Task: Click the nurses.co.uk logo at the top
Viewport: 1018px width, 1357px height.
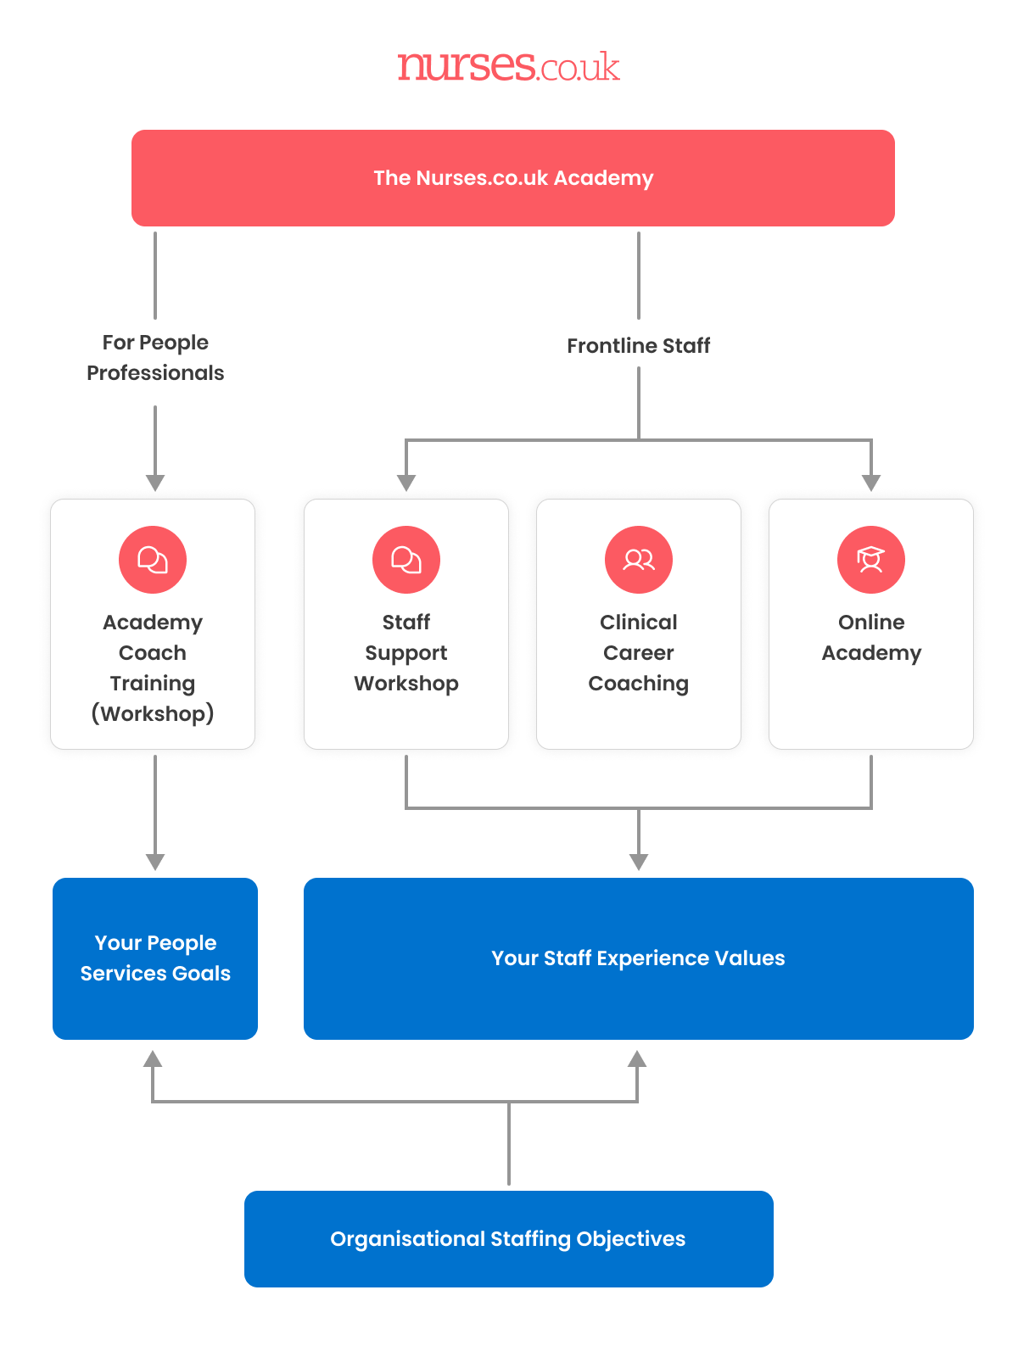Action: pos(508,66)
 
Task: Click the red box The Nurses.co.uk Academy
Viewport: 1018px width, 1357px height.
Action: pos(512,178)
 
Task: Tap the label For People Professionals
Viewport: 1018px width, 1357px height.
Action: pos(155,358)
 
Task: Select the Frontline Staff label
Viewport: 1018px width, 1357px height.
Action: pos(638,346)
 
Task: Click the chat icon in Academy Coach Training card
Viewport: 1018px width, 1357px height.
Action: pos(153,560)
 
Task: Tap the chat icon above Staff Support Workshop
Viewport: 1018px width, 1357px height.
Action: pos(406,560)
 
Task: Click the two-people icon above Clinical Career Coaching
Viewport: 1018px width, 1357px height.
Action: pos(639,560)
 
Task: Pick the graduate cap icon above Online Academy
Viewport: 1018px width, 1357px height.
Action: pos(871,560)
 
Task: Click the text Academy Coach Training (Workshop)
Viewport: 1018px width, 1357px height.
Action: pos(153,668)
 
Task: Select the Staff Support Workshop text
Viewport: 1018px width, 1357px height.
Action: pos(406,653)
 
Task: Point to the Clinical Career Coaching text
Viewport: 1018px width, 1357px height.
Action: pos(639,653)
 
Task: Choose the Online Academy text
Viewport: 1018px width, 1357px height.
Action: pos(871,638)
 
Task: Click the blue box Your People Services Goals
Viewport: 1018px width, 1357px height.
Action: pos(155,958)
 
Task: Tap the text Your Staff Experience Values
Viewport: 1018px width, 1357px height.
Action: pos(638,958)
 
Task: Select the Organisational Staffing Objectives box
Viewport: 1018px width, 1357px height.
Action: pos(508,1239)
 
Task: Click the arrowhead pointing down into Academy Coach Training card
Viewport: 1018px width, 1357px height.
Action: pos(155,483)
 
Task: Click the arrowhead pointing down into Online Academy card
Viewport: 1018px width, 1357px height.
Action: pos(871,483)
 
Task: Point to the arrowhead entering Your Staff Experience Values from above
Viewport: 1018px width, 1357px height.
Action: pos(639,862)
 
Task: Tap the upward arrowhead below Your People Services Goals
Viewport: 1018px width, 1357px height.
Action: pos(153,1058)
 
